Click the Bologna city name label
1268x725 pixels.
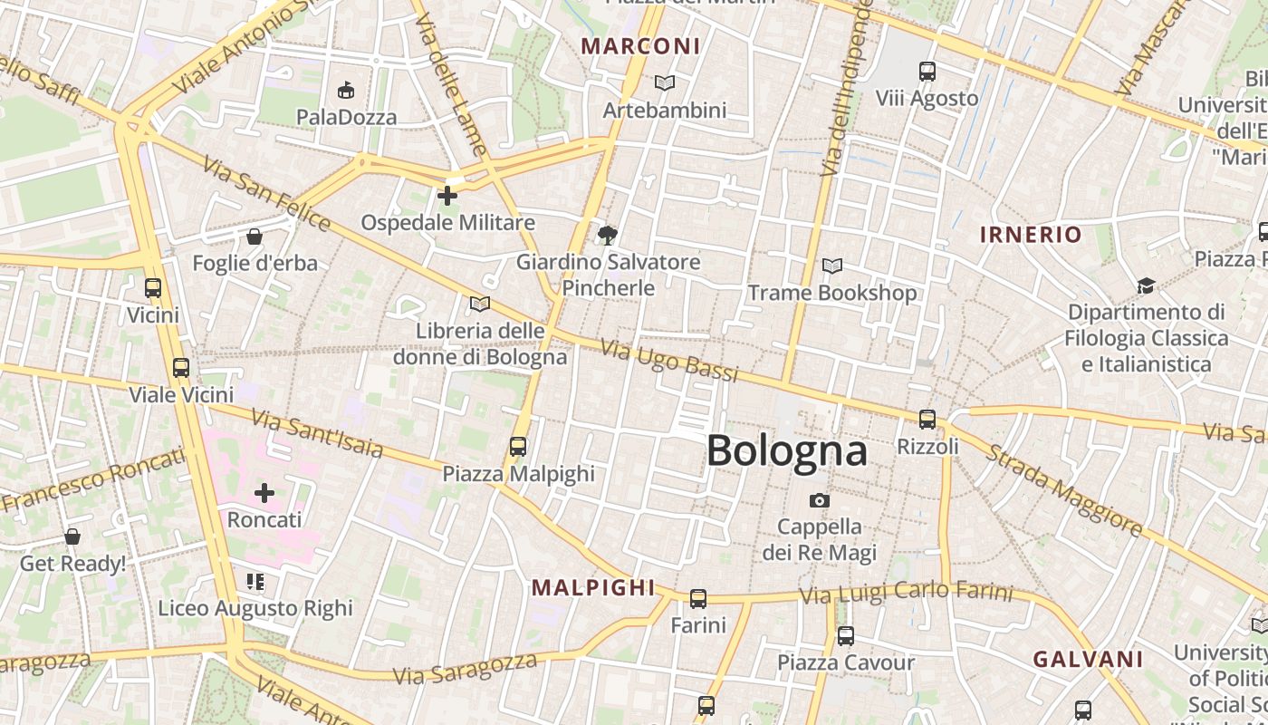click(786, 450)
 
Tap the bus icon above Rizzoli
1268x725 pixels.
click(927, 419)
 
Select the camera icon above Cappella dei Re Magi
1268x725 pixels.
click(819, 500)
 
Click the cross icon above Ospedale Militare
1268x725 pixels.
click(447, 195)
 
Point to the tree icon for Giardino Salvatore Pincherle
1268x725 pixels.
click(607, 236)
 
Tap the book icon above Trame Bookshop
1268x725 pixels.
click(831, 266)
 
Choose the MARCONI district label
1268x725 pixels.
click(640, 45)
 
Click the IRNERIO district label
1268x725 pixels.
click(1031, 235)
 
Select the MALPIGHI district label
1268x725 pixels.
click(592, 587)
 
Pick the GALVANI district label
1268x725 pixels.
click(1088, 659)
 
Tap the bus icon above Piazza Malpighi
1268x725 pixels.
click(517, 446)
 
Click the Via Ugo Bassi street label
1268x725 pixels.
click(669, 360)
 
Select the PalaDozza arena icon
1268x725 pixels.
click(345, 90)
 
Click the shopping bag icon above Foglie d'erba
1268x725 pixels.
click(255, 237)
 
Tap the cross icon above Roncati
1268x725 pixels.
click(264, 493)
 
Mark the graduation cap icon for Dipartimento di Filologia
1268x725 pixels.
click(1146, 285)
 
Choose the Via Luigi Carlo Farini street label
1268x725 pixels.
click(906, 593)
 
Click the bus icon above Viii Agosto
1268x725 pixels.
click(927, 71)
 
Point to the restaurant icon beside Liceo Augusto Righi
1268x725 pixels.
click(255, 581)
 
